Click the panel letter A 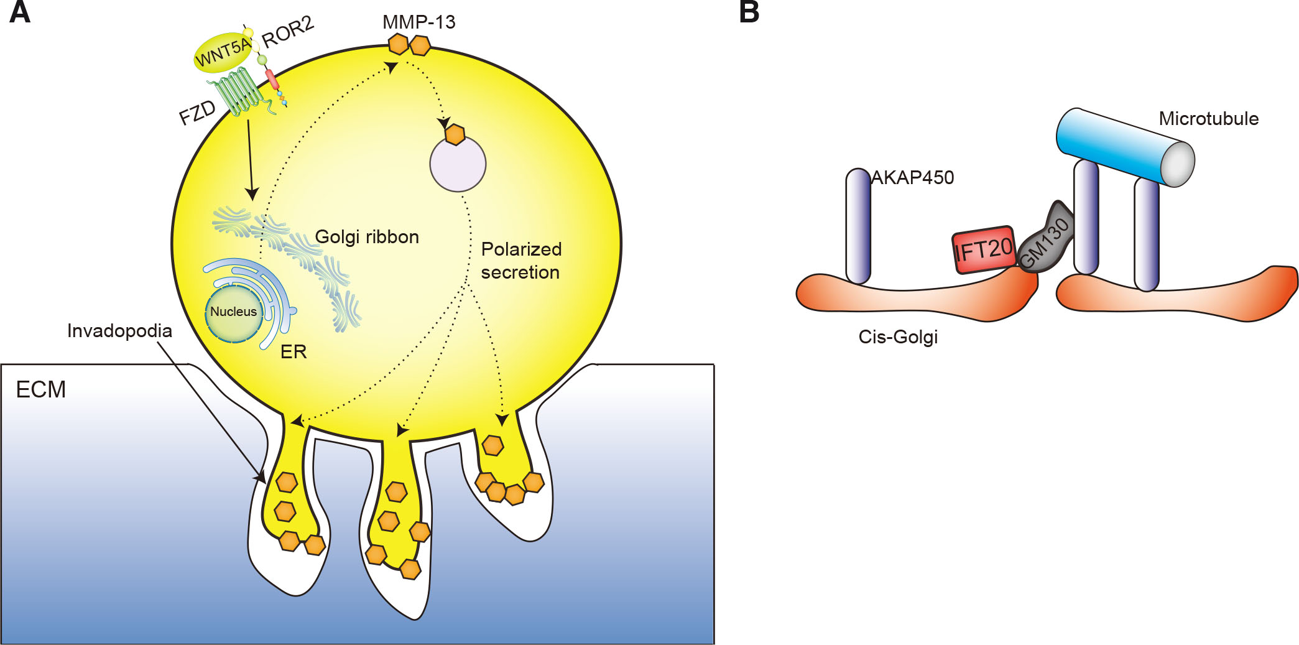pyautogui.click(x=20, y=12)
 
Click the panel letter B pyautogui.click(x=749, y=12)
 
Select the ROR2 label pyautogui.click(x=288, y=32)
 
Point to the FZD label pyautogui.click(x=197, y=113)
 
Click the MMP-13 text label pyautogui.click(x=418, y=22)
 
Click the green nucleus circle pyautogui.click(x=234, y=313)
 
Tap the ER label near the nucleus pyautogui.click(x=294, y=352)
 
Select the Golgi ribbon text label pyautogui.click(x=367, y=237)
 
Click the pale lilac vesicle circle pyautogui.click(x=458, y=165)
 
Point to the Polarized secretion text pyautogui.click(x=521, y=261)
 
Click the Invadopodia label pyautogui.click(x=119, y=331)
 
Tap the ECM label pyautogui.click(x=41, y=390)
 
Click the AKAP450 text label pyautogui.click(x=912, y=178)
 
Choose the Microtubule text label pyautogui.click(x=1208, y=119)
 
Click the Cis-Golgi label pyautogui.click(x=897, y=337)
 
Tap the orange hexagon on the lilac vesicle pyautogui.click(x=455, y=134)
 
